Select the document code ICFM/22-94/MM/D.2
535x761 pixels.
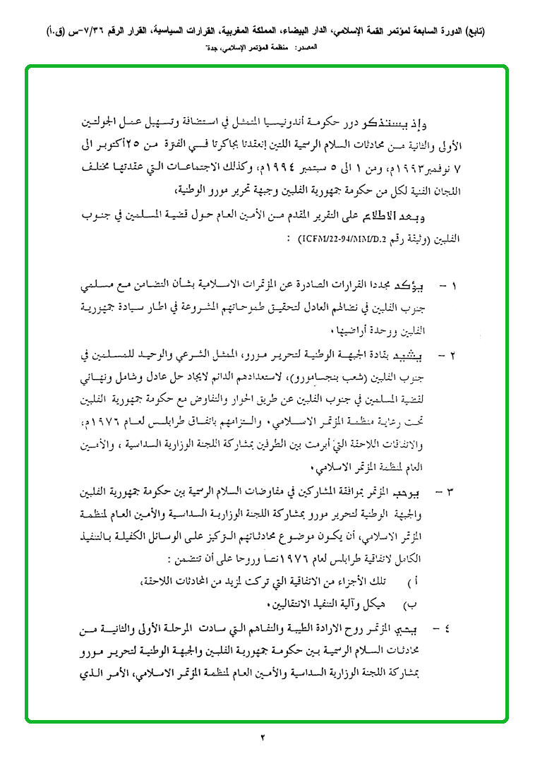(x=339, y=238)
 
